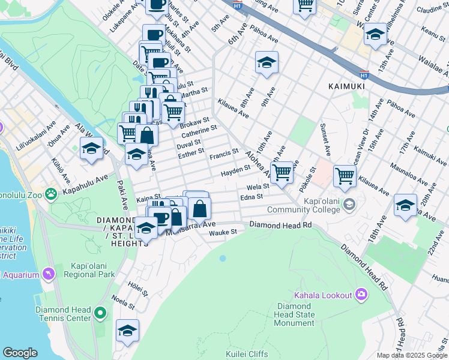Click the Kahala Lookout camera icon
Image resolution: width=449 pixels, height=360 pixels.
point(361,294)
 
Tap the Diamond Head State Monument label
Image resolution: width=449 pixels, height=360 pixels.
point(294,314)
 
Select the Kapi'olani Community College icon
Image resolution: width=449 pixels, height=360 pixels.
point(348,206)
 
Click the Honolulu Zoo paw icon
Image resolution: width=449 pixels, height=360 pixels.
point(52,193)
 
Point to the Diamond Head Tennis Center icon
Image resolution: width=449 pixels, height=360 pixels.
point(100,313)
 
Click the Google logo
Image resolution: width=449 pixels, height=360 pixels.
point(20,352)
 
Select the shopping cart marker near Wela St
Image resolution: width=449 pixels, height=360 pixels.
point(282,172)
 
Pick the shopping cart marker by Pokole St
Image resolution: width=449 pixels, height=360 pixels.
point(345,175)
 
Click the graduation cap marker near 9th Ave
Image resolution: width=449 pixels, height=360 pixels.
point(267,62)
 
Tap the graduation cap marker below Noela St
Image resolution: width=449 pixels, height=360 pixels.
point(127,331)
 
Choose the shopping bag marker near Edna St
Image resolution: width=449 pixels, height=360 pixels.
point(200,209)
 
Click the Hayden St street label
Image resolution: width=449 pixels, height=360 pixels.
point(235,171)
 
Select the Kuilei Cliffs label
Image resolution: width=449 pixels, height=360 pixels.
point(247,354)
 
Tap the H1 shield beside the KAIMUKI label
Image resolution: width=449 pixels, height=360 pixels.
point(364,75)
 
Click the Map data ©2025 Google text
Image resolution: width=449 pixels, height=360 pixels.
point(411,355)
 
